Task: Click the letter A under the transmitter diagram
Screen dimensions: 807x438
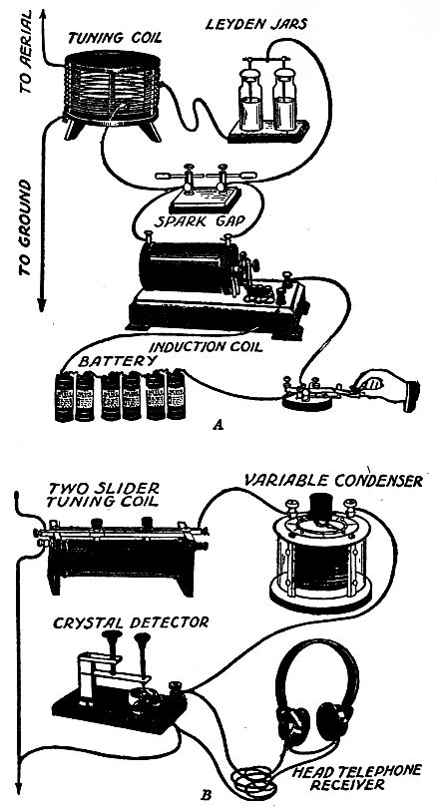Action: [218, 424]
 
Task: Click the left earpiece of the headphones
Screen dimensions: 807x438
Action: [295, 715]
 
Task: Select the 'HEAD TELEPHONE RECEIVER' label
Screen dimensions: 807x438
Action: [348, 772]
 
